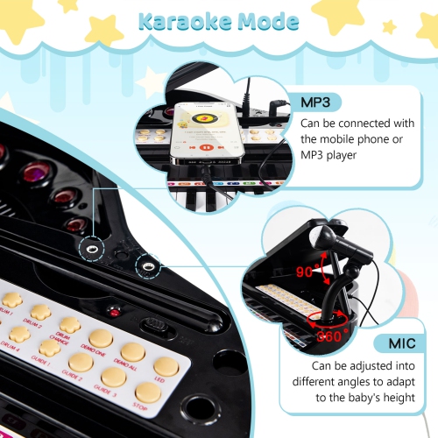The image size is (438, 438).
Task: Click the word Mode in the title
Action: coord(266,19)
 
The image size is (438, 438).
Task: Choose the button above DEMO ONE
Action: coord(100,337)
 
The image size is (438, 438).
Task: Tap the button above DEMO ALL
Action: coord(133,351)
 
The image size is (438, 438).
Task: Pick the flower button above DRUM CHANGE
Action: coord(69,325)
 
